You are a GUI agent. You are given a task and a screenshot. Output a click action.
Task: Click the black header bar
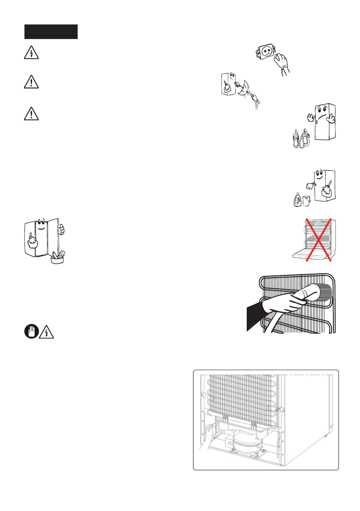click(51, 32)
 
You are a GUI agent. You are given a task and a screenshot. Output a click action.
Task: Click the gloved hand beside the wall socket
click(283, 63)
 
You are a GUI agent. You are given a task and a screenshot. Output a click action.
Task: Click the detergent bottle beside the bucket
click(296, 200)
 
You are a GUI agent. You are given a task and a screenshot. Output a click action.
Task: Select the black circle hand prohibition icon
click(30, 332)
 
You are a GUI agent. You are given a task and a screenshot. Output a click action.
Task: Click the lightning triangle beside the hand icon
click(46, 333)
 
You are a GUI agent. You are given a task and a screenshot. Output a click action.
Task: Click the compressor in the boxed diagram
click(244, 439)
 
